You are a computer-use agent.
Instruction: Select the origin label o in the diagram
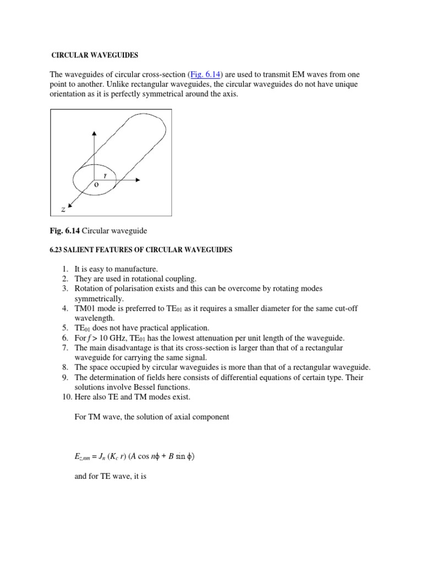95,186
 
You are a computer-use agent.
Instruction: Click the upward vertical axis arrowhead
95,134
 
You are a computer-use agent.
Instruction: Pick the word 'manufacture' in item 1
135,269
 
